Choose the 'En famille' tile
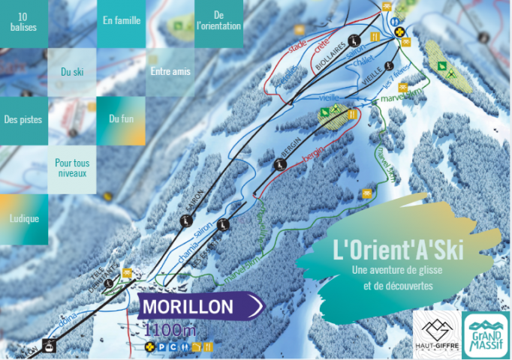tap(122, 20)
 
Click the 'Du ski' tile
tap(72, 72)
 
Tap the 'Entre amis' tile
tap(170, 72)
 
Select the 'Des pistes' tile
tap(23, 119)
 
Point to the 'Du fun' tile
tap(122, 118)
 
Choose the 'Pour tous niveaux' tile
tap(72, 168)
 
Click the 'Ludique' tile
tap(22, 218)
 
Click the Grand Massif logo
tap(485, 334)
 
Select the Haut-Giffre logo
tap(436, 334)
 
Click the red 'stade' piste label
tap(297, 46)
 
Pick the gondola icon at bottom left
tap(50, 346)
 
